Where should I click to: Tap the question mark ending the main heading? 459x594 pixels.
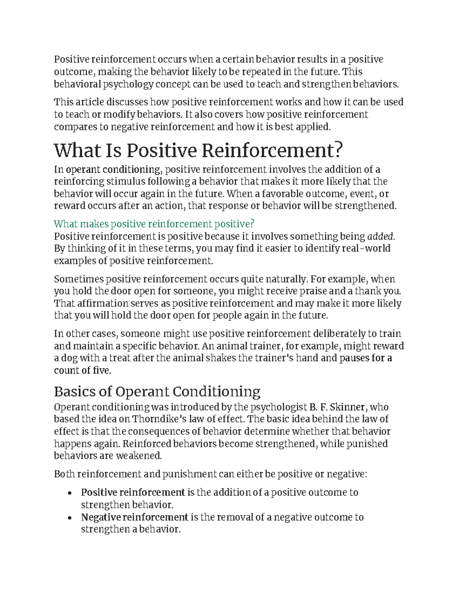point(339,150)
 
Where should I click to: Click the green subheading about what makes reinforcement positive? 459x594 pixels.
point(154,224)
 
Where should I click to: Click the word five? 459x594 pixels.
point(102,371)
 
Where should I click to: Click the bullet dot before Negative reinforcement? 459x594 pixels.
point(70,518)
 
